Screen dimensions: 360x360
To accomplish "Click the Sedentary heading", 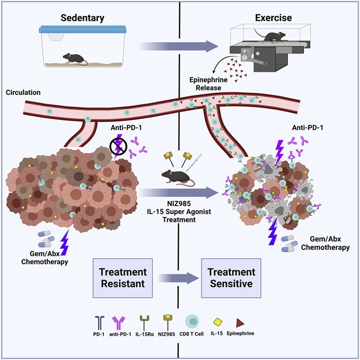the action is [x=82, y=18].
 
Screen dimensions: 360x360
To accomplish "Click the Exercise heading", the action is [x=274, y=18].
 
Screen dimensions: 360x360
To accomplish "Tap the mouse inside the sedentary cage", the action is [x=75, y=59].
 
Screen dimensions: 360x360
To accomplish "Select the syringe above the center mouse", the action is [x=194, y=162].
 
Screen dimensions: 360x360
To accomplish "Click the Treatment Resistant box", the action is [x=122, y=278].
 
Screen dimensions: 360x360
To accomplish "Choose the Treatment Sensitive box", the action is [x=231, y=278].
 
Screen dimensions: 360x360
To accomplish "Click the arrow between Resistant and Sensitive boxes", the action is [x=179, y=278].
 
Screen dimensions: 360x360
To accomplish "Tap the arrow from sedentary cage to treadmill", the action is [x=179, y=46].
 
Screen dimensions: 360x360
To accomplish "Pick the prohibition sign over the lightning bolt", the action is [x=118, y=146].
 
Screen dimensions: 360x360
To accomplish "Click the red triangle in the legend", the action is [x=240, y=322].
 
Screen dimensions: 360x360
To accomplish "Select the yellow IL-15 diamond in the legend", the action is [x=217, y=322].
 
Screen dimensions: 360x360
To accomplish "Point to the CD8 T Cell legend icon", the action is [x=192, y=321].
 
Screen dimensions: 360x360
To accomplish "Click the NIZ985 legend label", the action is [x=166, y=334].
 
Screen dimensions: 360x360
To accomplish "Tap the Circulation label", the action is [x=23, y=92].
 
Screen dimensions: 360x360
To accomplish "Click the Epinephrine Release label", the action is [x=208, y=84].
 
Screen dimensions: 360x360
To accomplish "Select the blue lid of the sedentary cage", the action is [x=82, y=30].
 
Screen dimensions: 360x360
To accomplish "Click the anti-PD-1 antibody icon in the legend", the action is [x=119, y=322].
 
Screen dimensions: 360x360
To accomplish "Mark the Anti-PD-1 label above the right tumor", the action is [x=308, y=127].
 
